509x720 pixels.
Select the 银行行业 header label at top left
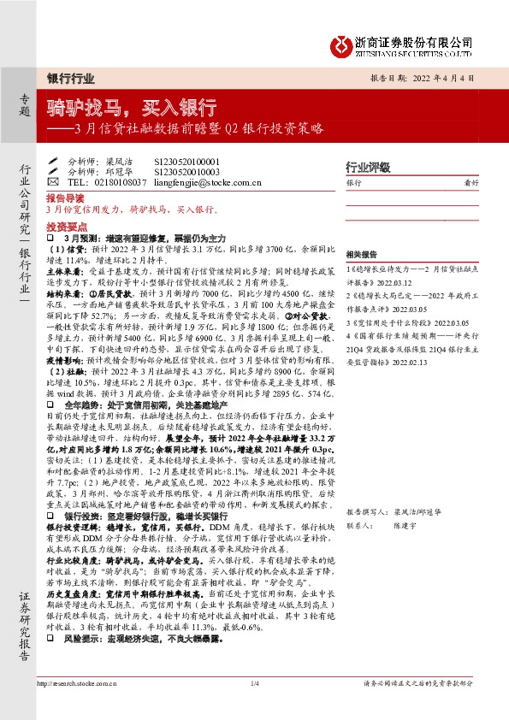click(x=69, y=79)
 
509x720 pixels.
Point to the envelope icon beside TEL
click(x=53, y=181)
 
